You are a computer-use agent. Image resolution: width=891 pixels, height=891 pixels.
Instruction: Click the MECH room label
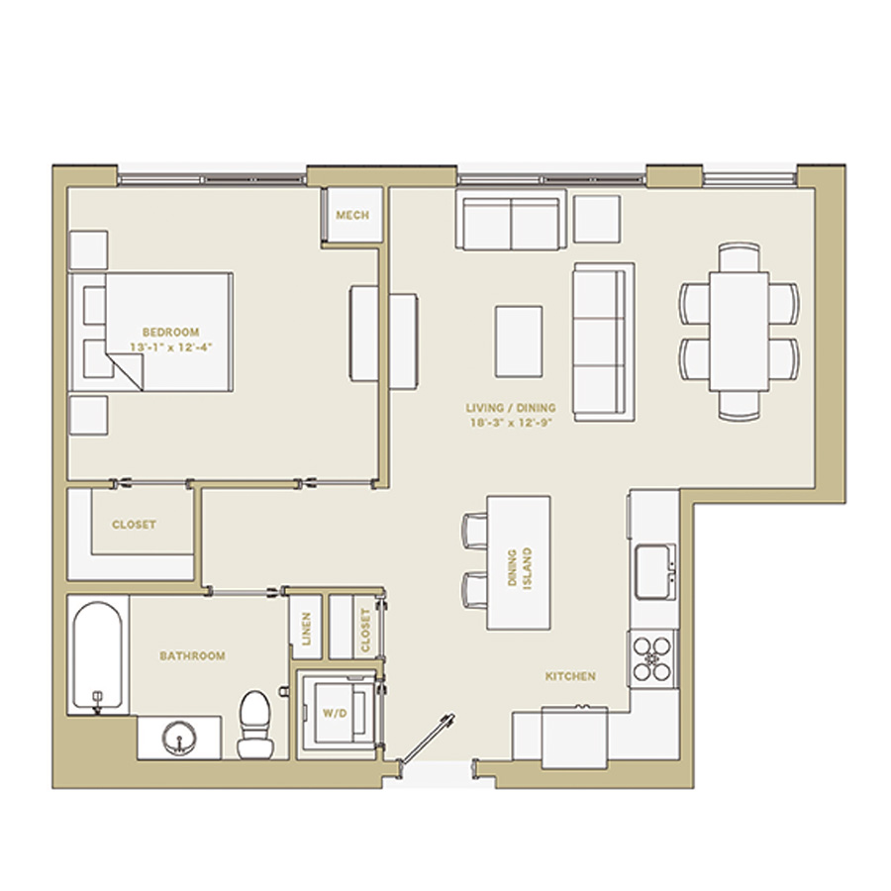[352, 216]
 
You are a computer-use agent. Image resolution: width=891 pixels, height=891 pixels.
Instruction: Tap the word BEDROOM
[170, 332]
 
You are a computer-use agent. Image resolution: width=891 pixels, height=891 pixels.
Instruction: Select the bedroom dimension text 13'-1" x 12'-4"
[170, 347]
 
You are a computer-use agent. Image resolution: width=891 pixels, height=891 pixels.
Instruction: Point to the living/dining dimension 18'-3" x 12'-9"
[511, 423]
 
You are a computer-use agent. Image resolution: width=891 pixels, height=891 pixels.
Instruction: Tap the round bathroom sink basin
[179, 738]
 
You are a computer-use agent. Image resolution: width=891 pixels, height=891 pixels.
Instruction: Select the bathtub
[98, 655]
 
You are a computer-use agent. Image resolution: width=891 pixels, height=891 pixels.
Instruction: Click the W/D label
[335, 713]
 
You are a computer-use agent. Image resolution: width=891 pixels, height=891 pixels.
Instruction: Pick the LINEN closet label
[306, 629]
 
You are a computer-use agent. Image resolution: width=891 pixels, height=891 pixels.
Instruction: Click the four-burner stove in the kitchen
[652, 659]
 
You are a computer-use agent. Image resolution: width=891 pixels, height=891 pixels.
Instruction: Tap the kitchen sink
[655, 571]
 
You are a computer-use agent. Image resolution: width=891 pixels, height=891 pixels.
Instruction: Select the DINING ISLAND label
[520, 568]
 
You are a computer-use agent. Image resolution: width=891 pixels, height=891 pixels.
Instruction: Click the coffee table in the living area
[518, 342]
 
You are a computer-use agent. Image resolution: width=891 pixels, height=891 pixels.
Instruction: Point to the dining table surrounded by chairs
[739, 332]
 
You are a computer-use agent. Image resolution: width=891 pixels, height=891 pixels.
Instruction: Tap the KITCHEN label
[570, 676]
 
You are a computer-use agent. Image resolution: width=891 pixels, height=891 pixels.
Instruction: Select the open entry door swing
[426, 739]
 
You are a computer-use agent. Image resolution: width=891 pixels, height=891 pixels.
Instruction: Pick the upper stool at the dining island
[474, 531]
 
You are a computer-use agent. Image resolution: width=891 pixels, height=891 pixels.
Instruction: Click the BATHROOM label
[193, 655]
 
